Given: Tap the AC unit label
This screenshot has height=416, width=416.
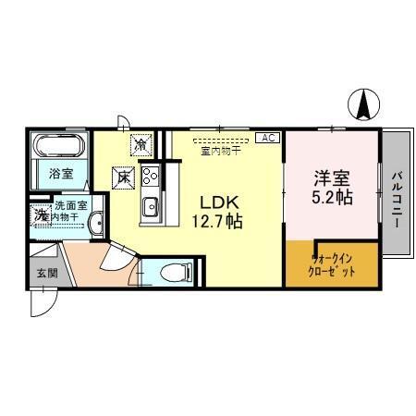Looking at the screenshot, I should tap(267, 138).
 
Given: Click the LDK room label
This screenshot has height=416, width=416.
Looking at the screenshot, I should tap(216, 202).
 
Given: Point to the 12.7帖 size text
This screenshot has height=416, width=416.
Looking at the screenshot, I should tap(216, 222).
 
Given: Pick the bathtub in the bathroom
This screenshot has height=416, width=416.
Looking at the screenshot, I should tap(61, 145).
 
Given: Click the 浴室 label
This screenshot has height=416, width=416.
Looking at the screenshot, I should tap(60, 173).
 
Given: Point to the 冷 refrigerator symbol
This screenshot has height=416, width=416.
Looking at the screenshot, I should tap(140, 144).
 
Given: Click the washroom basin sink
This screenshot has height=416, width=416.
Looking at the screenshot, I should tap(97, 219).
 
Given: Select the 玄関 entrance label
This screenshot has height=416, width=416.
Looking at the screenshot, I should tap(46, 273).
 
